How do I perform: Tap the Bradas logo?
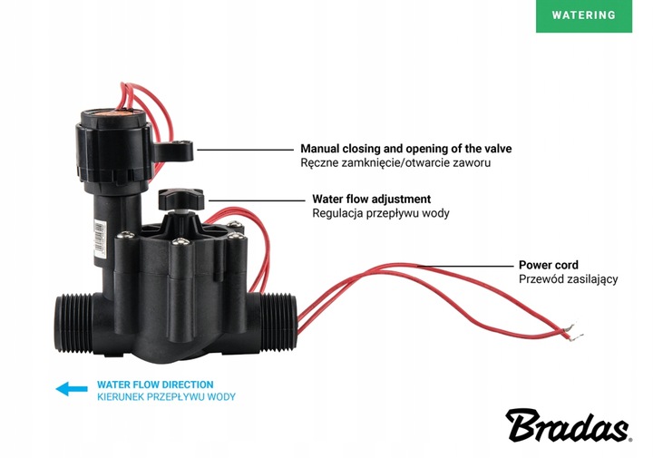coord(570,424)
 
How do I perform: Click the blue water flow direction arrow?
coord(70,390)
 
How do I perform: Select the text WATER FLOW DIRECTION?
coord(155,385)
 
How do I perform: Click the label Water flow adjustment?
coord(371,199)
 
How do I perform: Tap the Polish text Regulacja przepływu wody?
coord(380,214)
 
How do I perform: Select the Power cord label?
coord(548,265)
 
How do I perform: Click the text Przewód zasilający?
coord(568,279)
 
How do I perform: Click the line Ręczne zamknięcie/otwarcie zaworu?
coord(400,163)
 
